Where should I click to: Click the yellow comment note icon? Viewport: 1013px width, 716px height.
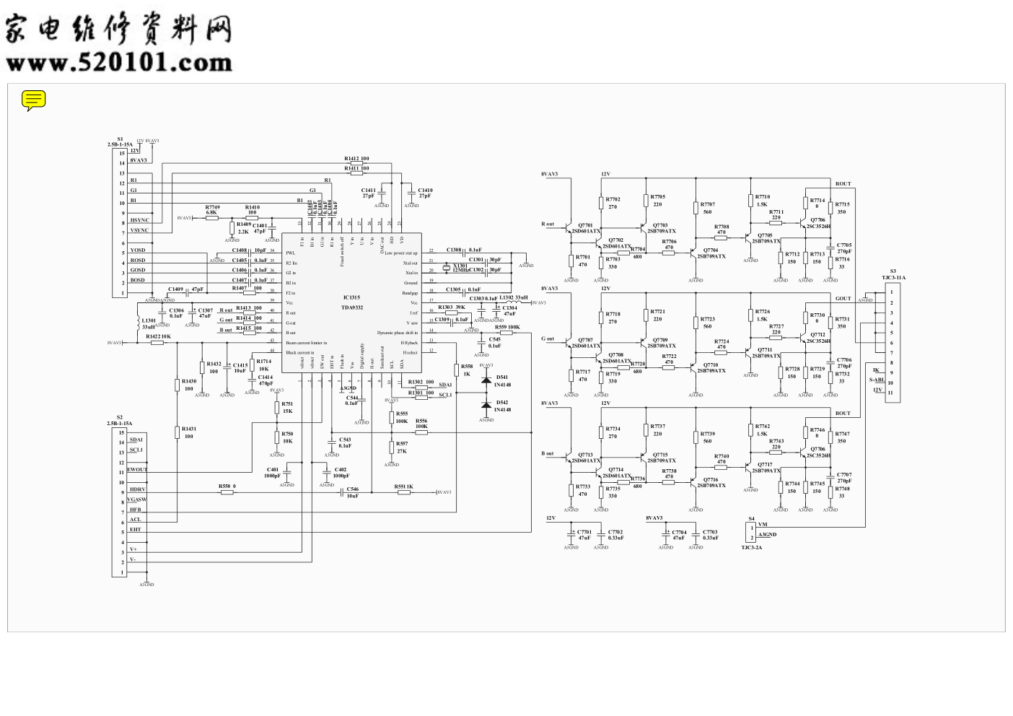33,100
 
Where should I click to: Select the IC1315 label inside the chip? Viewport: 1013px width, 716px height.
351,297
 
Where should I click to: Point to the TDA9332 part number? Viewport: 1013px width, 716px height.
352,307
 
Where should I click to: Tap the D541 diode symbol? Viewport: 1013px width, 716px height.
486,380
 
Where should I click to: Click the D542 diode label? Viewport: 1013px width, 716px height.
502,402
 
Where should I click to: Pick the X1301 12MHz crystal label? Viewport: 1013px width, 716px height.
460,268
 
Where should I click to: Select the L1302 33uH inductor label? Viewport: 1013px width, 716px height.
513,297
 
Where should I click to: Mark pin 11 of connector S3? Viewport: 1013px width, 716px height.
891,393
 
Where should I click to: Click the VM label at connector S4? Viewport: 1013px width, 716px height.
763,525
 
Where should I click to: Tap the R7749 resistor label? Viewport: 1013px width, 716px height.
212,207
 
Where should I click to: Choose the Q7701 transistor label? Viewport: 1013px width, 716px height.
586,225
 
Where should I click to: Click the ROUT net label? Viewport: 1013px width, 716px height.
843,184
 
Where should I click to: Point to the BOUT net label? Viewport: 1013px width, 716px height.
843,414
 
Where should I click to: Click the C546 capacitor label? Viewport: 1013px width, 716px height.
352,489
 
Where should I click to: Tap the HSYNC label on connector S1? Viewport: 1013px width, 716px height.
140,220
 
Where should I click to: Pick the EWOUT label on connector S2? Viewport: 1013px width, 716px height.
137,469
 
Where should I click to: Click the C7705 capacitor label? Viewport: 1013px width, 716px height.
844,245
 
